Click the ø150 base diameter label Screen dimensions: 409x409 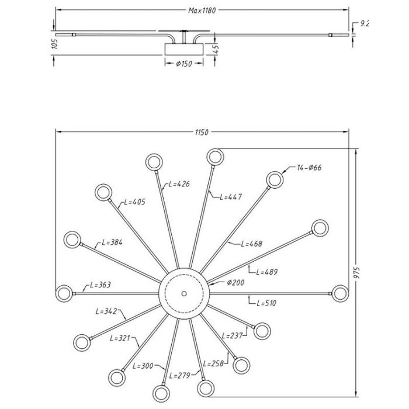click(x=185, y=63)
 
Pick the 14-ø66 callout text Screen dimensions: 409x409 click(x=309, y=168)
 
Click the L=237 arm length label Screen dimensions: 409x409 click(x=232, y=335)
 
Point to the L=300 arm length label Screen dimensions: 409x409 click(x=143, y=366)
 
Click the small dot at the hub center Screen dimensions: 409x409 click(x=184, y=291)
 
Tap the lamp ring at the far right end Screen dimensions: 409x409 click(x=341, y=291)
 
